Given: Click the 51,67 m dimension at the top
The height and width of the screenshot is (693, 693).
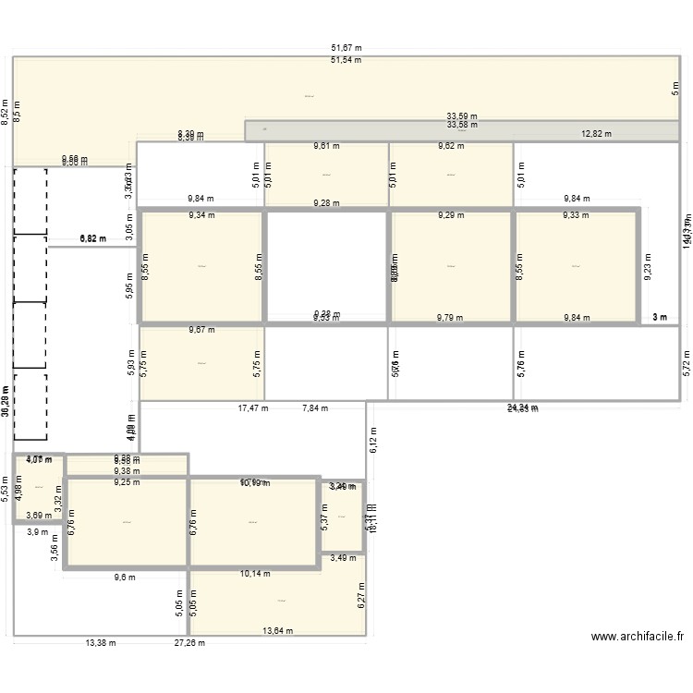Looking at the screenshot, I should [x=346, y=48].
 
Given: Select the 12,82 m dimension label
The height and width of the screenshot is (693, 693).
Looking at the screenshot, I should [x=596, y=134].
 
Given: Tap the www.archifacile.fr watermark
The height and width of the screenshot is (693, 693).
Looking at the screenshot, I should [x=637, y=637].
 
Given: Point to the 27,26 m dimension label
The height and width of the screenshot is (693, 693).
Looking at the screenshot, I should [x=189, y=643].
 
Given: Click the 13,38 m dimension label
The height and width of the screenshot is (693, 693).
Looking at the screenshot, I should [x=102, y=643].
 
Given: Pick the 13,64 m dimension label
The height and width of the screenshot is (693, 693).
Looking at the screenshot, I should [x=277, y=631].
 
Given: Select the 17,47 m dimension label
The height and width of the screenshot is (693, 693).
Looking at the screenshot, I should [x=253, y=407].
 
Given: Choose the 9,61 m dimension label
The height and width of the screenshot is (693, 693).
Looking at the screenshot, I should [x=326, y=146].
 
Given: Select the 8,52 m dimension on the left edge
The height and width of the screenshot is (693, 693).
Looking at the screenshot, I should [x=5, y=112].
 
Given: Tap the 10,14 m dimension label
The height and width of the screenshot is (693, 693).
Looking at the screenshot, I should [x=255, y=573].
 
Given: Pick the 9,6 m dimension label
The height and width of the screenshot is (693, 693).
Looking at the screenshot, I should [x=124, y=577].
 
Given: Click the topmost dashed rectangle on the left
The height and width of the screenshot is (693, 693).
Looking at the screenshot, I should [x=30, y=201].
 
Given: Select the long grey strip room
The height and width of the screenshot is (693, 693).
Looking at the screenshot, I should [x=462, y=130].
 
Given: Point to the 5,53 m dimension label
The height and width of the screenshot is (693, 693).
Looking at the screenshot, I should [x=5, y=488].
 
